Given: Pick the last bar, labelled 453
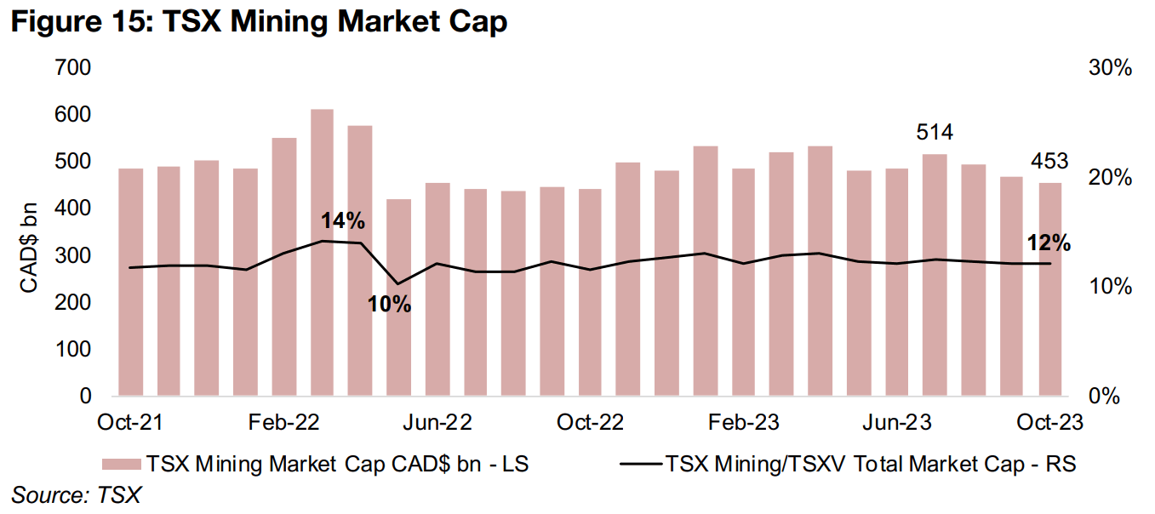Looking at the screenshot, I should point(1049,289).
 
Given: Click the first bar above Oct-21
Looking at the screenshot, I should point(130,282).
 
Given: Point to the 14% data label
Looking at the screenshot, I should point(342,221).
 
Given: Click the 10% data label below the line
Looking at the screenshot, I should point(389,303).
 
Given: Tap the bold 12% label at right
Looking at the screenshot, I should point(1049,243).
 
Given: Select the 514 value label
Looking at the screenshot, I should point(935,132).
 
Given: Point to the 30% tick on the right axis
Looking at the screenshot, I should point(1110,68).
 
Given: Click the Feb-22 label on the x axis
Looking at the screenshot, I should point(283,423).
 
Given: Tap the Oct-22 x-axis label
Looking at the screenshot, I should point(591,423).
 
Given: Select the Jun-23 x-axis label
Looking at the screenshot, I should point(897,423).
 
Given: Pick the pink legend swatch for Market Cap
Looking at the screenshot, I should point(121,464).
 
